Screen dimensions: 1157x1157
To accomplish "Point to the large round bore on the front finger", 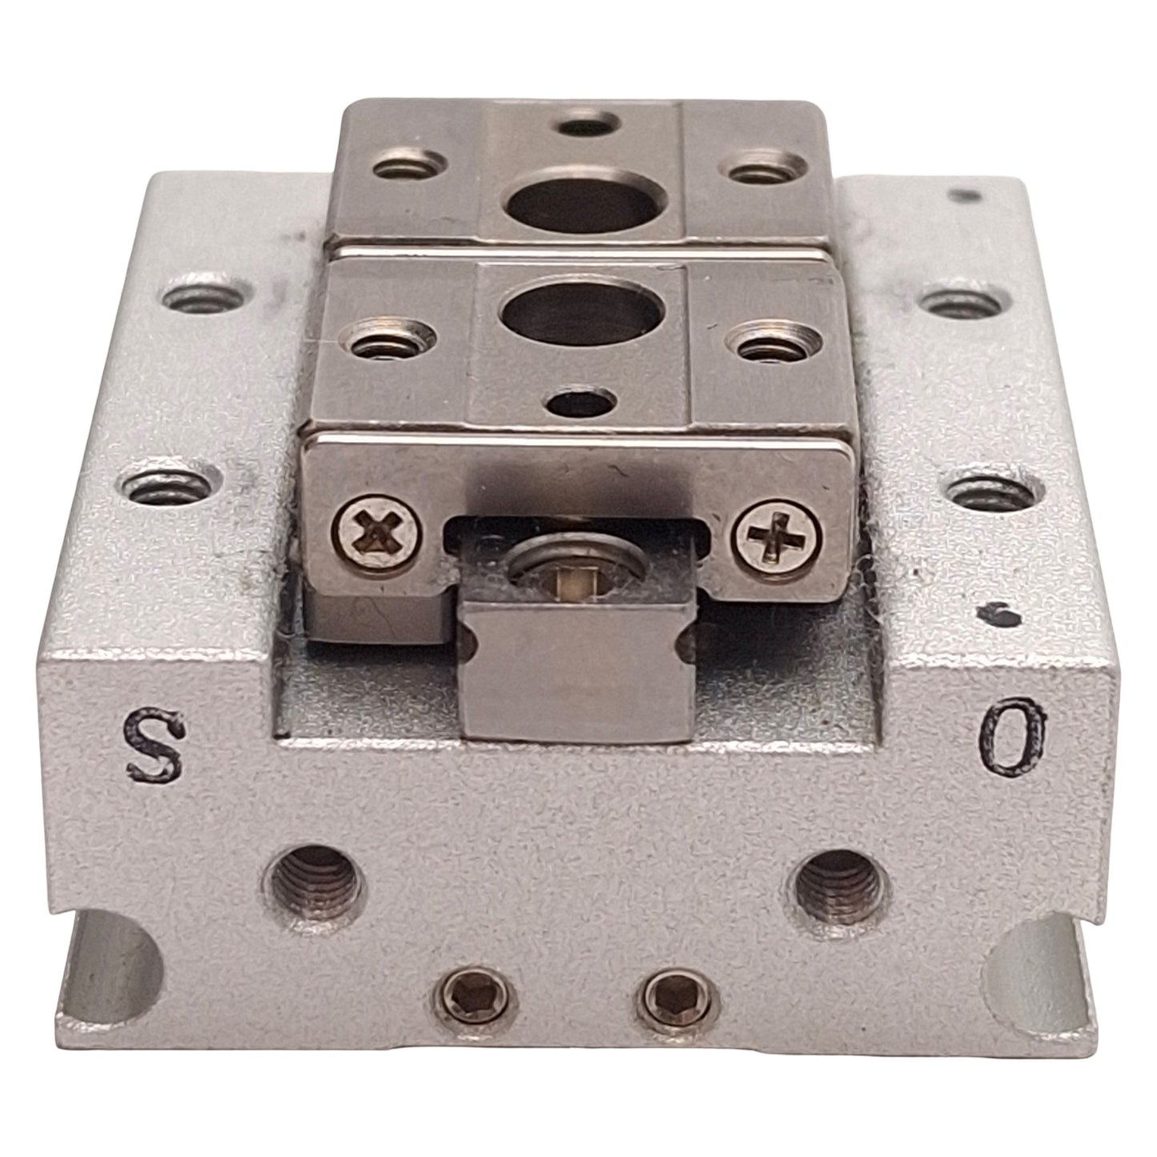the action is pos(580,315).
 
